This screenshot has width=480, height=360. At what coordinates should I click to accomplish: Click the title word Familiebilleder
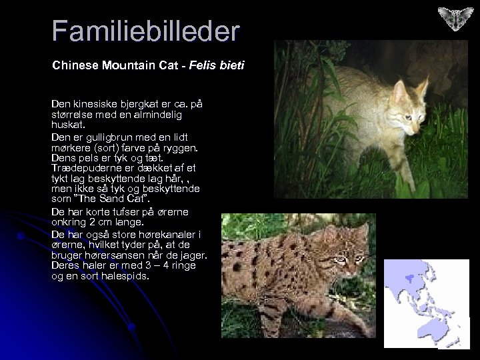click(x=145, y=31)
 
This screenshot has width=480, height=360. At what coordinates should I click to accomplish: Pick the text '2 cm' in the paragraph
click(x=103, y=222)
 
